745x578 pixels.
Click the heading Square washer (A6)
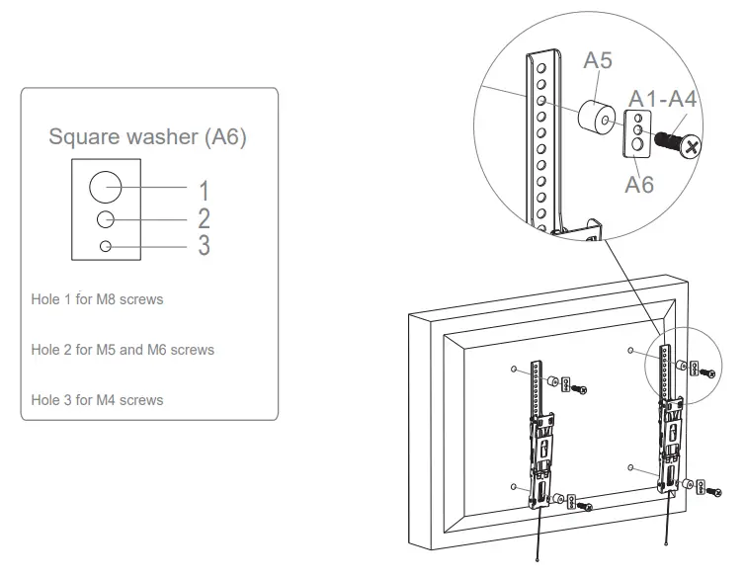[147, 136]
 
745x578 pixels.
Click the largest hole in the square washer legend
[106, 185]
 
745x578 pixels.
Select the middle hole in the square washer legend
[106, 218]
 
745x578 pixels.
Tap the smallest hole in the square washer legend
[106, 245]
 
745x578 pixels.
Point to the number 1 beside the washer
[204, 190]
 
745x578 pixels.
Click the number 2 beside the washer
[204, 217]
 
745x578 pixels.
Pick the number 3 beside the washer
[204, 245]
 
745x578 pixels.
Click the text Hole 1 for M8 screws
[97, 298]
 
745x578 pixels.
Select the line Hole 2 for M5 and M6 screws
[123, 350]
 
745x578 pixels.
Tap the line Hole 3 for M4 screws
[97, 400]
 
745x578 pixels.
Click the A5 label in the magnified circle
[597, 60]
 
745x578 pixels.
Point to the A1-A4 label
[663, 99]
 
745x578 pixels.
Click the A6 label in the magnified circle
[638, 183]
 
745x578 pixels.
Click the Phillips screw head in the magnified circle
[692, 146]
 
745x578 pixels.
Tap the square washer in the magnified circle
[638, 134]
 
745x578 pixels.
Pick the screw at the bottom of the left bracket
[586, 507]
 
